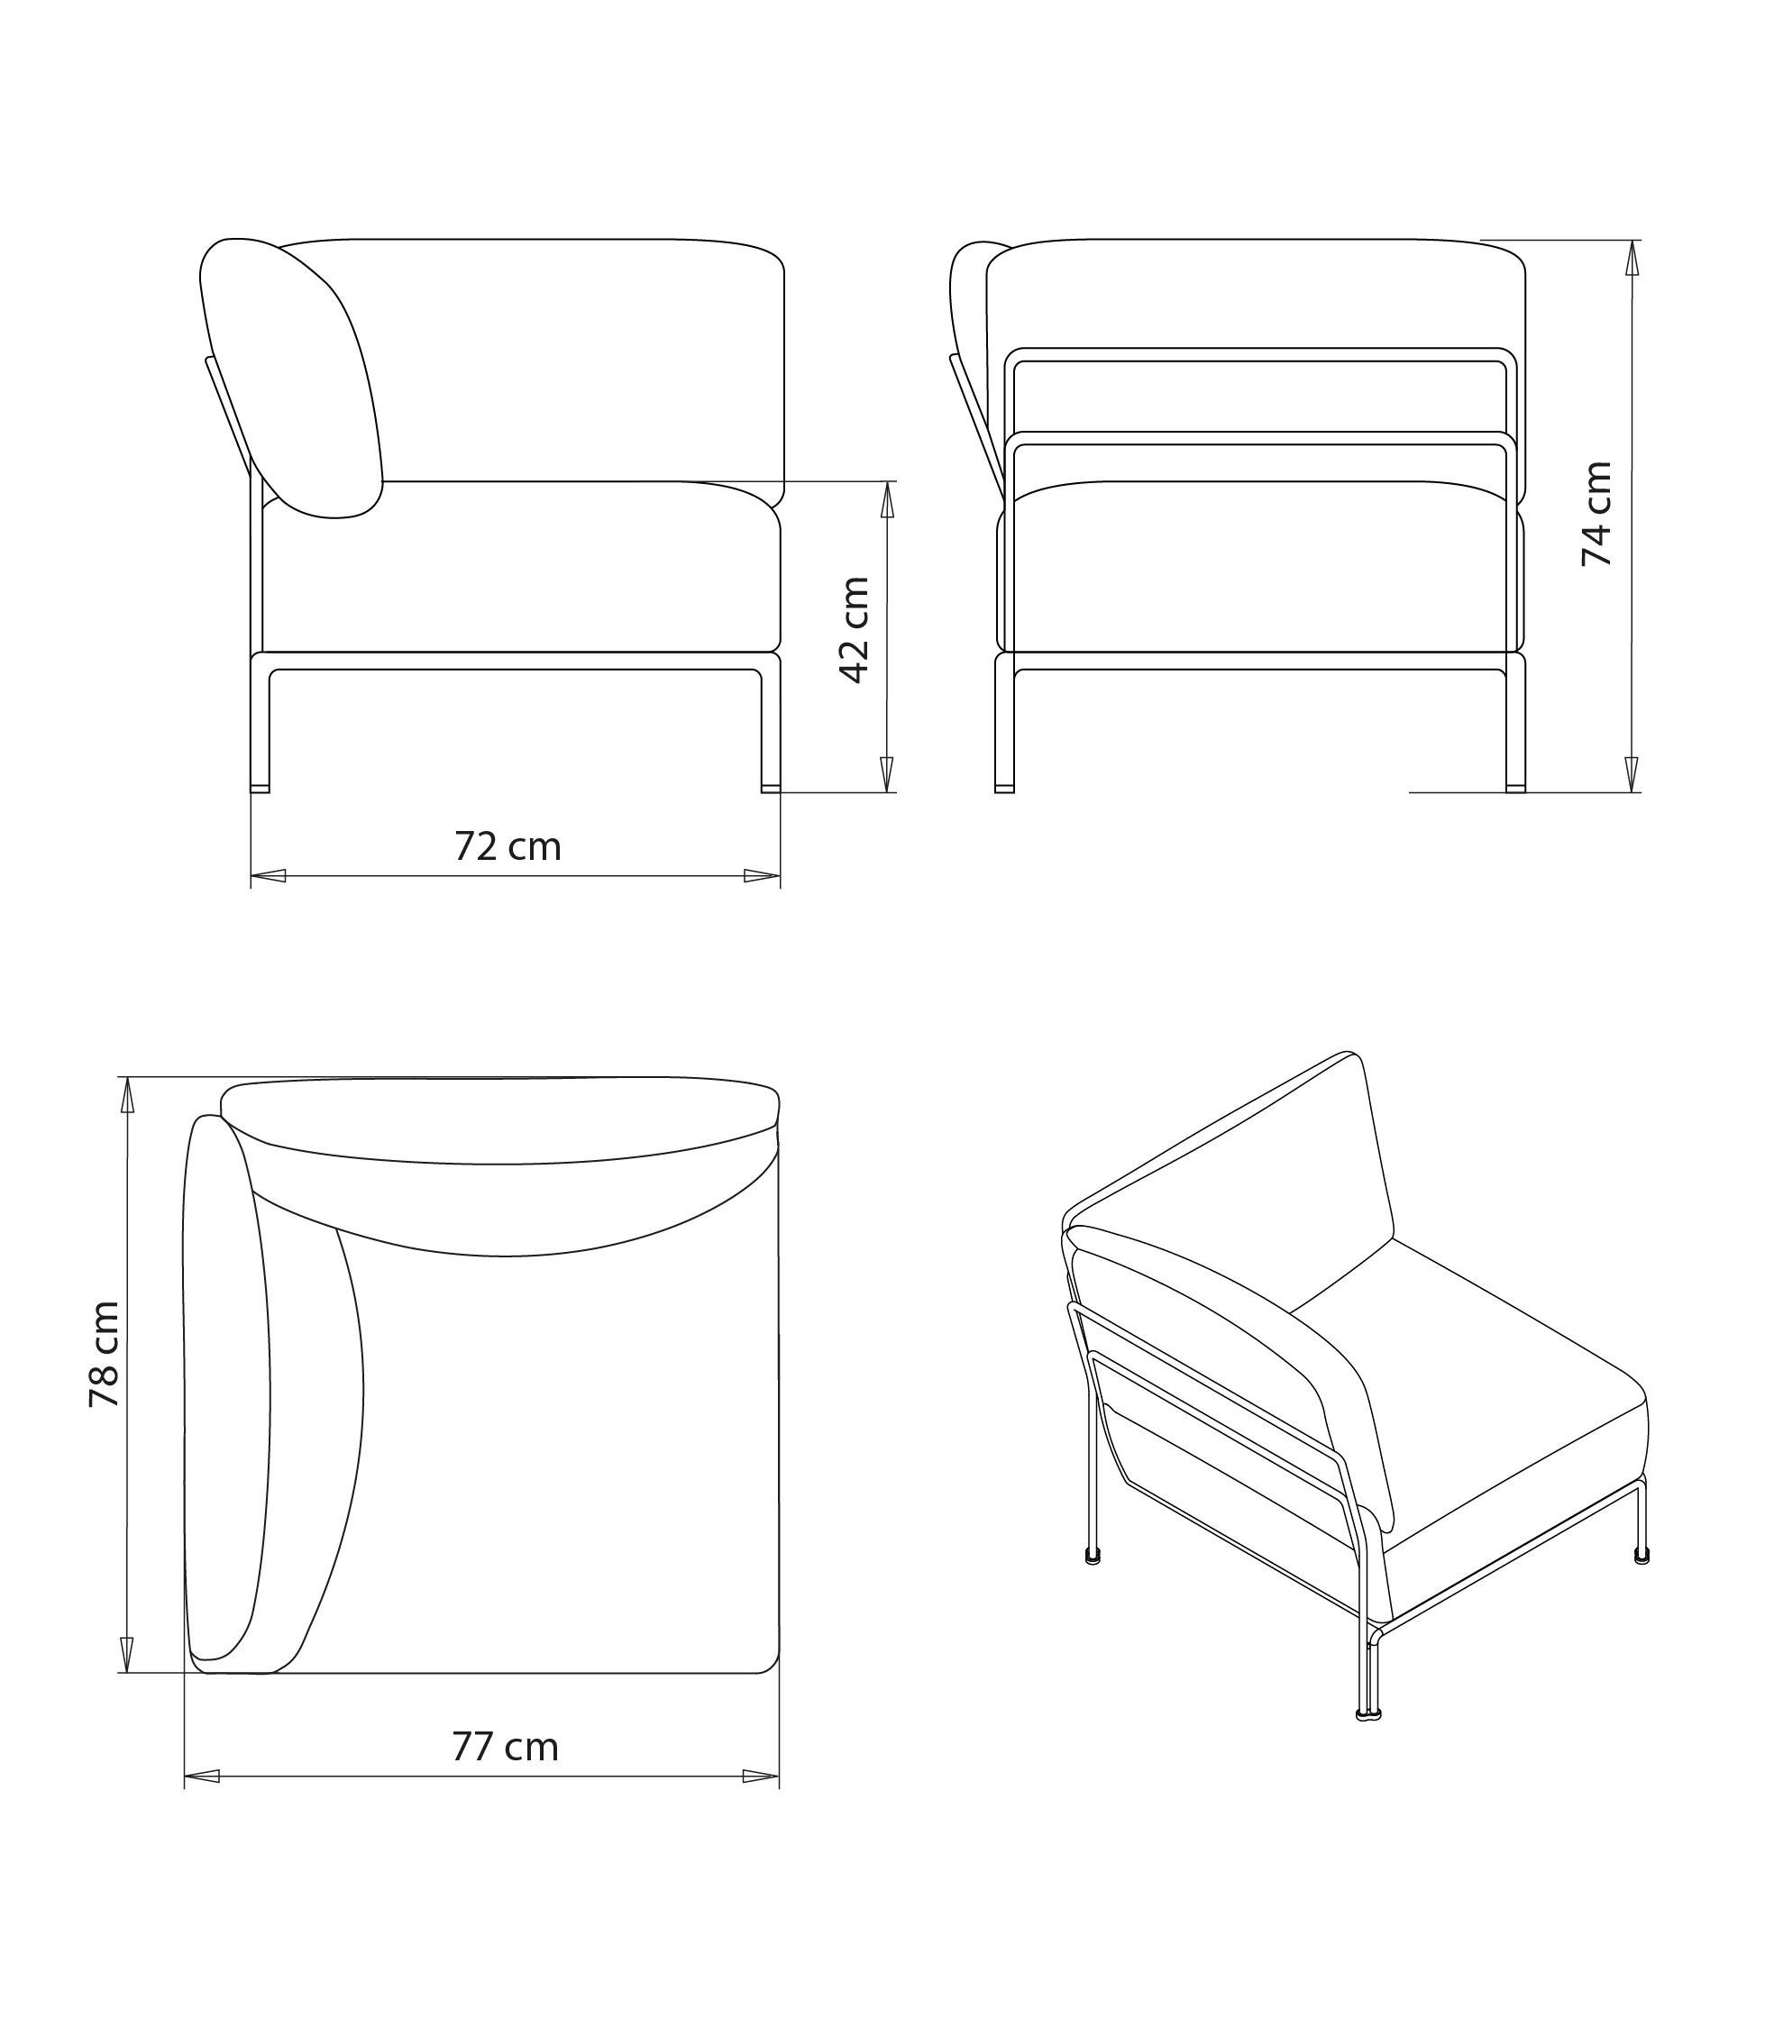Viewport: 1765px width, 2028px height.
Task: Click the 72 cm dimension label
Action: pos(508,847)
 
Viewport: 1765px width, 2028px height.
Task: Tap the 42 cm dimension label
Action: pos(854,629)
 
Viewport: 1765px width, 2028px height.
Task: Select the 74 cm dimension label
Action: pos(1596,513)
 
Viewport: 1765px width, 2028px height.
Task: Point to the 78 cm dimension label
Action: pos(104,1355)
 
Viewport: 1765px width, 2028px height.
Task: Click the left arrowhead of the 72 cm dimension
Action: pos(268,875)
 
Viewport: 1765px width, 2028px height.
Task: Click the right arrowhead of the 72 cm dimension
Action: pos(763,875)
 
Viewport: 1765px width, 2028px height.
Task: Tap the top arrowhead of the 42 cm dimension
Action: pos(886,499)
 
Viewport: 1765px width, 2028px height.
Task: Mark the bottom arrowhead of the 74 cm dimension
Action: pos(1631,774)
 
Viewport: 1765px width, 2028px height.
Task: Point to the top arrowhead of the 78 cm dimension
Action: pos(127,1095)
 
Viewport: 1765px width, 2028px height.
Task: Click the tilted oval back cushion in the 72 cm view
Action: pos(291,378)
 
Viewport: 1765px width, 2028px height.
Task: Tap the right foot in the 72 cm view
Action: pos(770,788)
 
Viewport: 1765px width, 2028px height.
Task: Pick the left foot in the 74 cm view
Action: pos(1004,788)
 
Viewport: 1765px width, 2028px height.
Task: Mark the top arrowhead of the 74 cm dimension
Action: pos(1631,258)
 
